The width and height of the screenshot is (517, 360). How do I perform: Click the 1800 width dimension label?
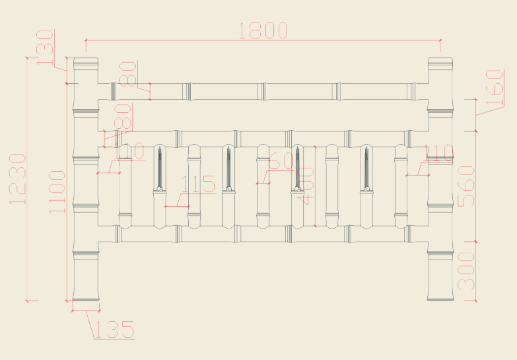click(x=263, y=30)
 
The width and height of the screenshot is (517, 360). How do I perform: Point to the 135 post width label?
click(x=113, y=330)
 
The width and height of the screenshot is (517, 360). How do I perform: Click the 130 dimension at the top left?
click(x=45, y=47)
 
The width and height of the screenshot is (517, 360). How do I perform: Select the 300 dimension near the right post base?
click(x=466, y=271)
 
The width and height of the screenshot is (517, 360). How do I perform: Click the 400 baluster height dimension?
click(x=306, y=186)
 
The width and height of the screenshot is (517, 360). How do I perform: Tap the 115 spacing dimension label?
click(x=199, y=184)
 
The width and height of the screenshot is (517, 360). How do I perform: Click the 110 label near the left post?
click(x=129, y=151)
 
